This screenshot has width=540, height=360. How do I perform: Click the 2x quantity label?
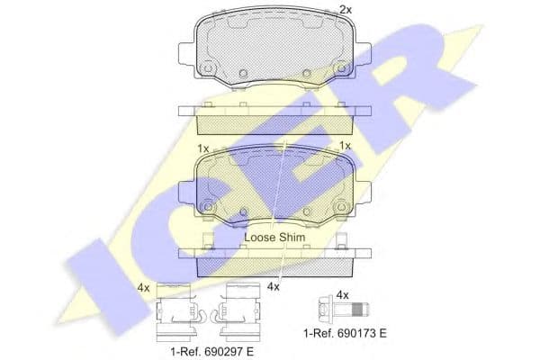(345, 10)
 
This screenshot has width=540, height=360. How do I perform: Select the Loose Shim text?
(275, 237)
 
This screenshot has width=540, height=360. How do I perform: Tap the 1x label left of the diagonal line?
(202, 147)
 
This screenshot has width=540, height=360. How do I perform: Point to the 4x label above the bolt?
(341, 293)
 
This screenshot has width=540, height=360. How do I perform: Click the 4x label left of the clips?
(142, 288)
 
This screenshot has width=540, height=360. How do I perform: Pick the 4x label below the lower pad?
(274, 287)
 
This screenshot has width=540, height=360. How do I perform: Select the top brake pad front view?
(274, 49)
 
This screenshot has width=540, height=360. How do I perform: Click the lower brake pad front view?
(274, 186)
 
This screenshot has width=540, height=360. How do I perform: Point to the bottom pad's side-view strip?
(274, 258)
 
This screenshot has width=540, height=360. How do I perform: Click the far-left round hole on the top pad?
(208, 68)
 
